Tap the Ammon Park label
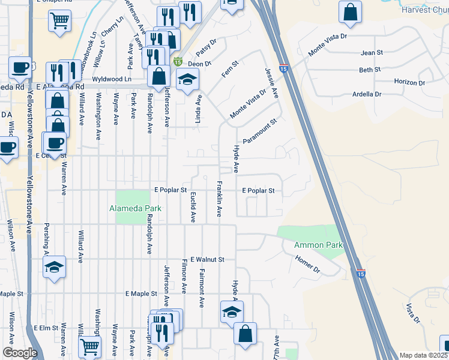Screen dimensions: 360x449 pos(318,245)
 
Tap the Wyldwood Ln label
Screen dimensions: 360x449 pos(111,79)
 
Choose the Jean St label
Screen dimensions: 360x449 pos(372,53)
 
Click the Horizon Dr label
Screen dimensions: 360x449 pos(409,82)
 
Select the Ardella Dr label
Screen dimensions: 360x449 pos(367,94)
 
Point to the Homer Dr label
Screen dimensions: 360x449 pos(307,263)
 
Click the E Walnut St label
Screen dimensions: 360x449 pos(206,260)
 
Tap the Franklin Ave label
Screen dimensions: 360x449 pos(220,199)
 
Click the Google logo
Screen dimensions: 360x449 pos(19,353)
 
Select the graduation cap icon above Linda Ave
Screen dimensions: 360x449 pos(187,80)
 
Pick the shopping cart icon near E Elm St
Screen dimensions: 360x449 pos(89,346)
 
